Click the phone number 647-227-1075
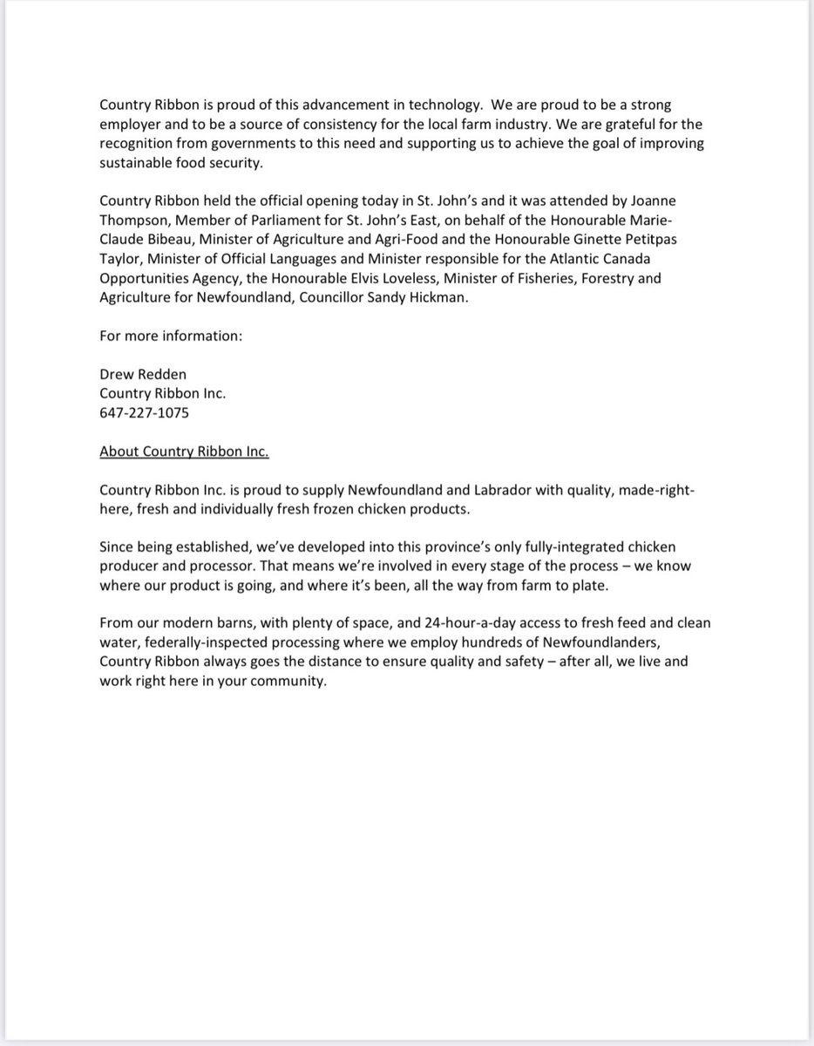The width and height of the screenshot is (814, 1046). pos(144,413)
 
